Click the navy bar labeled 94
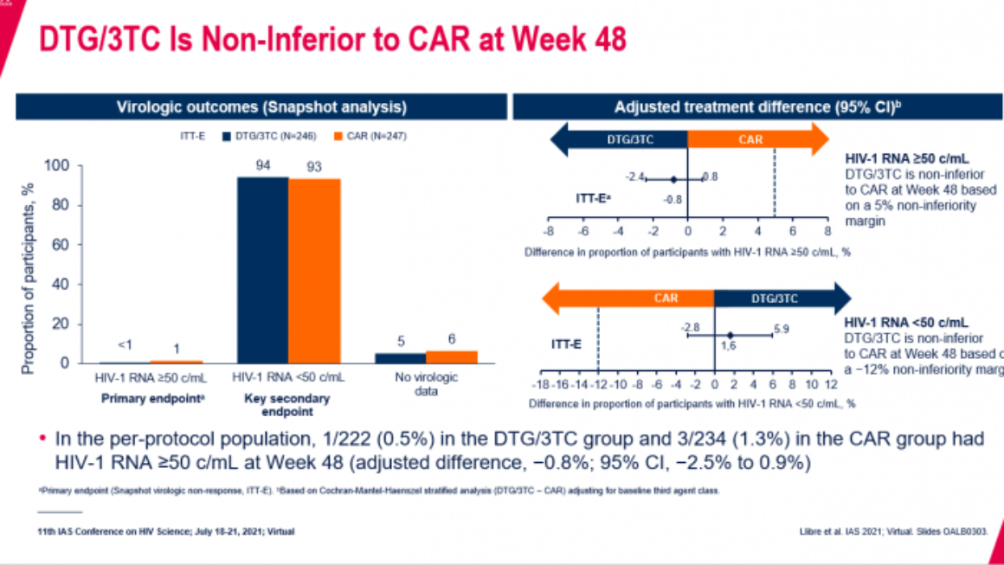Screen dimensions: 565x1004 (263, 269)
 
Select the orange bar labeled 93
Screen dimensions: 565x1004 (314, 270)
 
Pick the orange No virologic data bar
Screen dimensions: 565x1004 (451, 356)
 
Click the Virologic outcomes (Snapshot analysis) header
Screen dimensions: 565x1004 (261, 106)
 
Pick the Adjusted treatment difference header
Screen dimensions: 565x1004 (759, 106)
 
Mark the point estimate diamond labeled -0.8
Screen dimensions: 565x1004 (673, 179)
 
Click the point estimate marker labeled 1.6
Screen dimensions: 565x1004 (730, 335)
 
